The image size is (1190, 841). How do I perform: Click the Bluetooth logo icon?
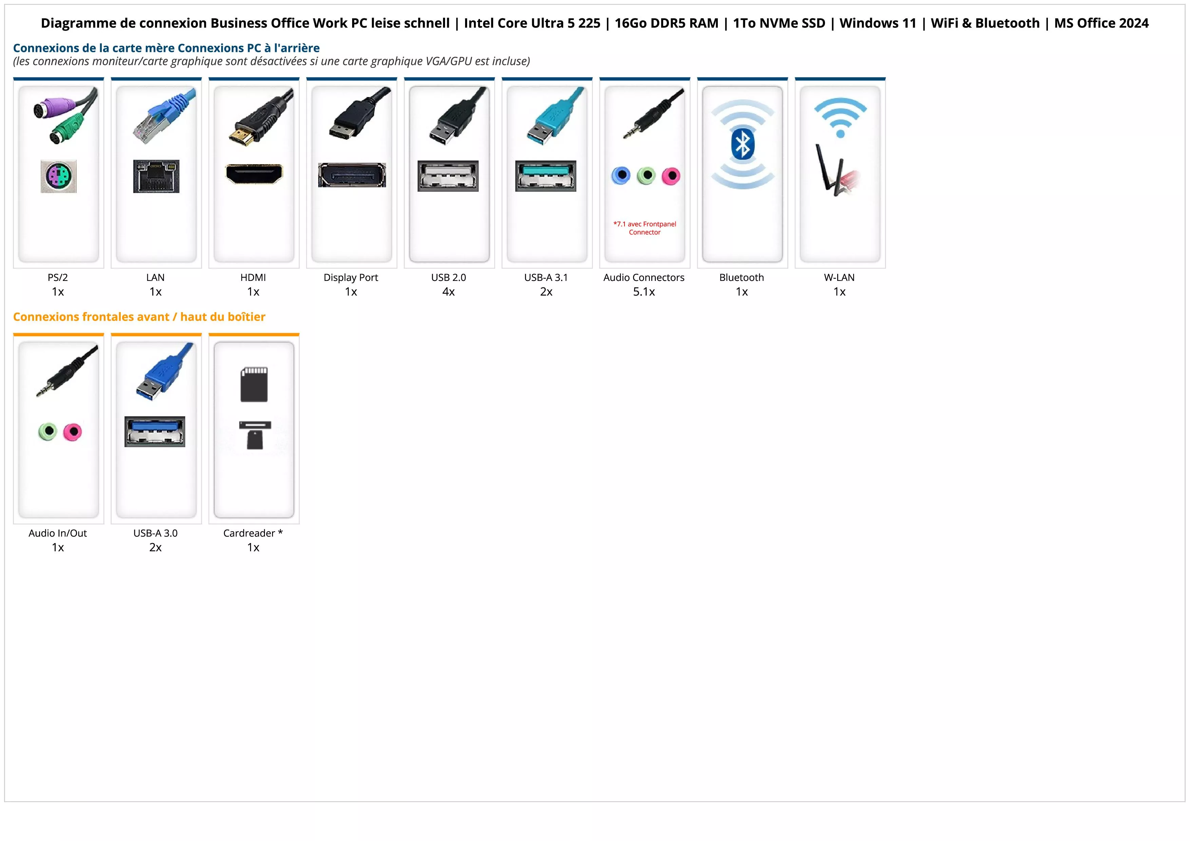(x=742, y=144)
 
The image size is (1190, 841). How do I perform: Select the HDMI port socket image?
(x=254, y=174)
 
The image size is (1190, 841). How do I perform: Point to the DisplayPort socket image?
(x=352, y=175)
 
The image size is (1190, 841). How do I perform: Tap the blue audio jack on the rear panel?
(x=621, y=176)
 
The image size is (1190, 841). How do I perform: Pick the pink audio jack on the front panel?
(x=73, y=432)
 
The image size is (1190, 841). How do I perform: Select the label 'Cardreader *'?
(x=253, y=533)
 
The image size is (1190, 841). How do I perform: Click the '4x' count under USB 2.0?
(x=448, y=292)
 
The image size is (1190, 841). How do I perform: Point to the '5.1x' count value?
(x=644, y=292)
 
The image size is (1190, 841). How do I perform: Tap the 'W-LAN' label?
(x=839, y=278)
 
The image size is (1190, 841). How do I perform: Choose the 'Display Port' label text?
(x=351, y=278)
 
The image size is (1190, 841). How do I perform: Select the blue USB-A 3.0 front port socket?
(x=155, y=431)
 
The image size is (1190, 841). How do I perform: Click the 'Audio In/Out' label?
(x=58, y=533)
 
